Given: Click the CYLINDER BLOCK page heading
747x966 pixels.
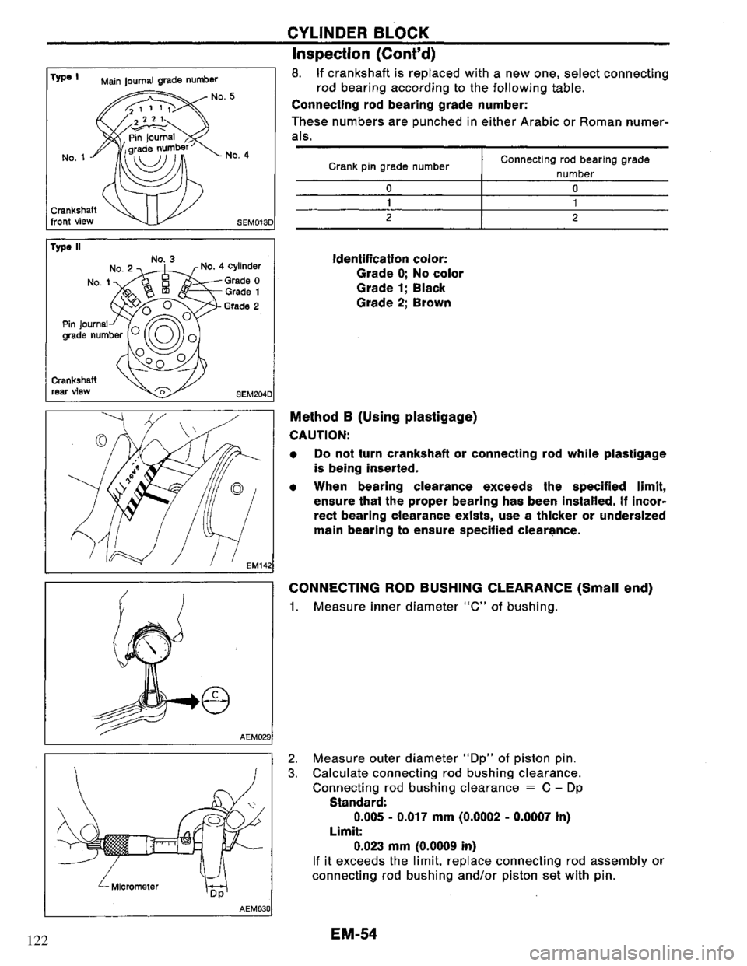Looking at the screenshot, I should pos(369,33).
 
